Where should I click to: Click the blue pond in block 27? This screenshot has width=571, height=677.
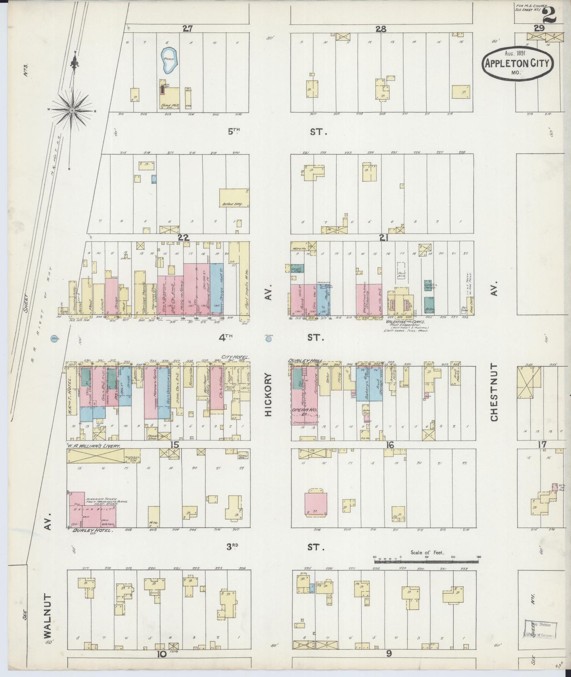click(x=170, y=61)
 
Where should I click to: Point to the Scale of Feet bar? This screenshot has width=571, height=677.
click(x=427, y=559)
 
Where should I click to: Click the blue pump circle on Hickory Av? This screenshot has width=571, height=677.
click(x=269, y=338)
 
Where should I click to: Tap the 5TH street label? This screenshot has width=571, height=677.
click(x=234, y=133)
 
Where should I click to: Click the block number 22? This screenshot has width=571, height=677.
click(x=184, y=238)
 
